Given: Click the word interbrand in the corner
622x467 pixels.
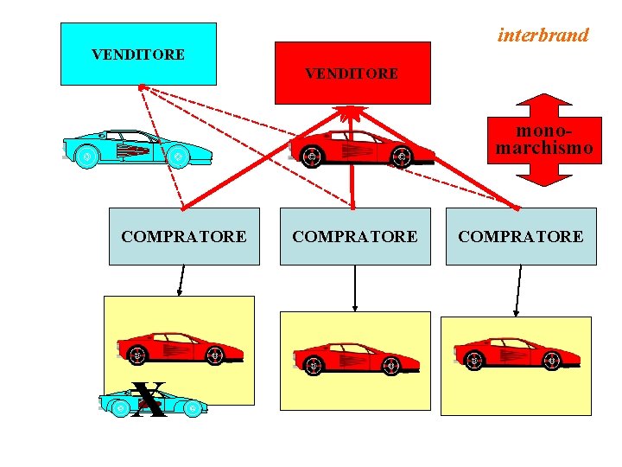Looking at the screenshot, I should tap(543, 35).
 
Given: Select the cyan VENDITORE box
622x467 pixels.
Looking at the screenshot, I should tap(138, 54).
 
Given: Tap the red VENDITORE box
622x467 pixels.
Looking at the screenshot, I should tap(352, 73).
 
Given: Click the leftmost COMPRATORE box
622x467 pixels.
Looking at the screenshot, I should tap(184, 236).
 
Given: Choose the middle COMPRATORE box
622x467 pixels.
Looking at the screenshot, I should tap(355, 236).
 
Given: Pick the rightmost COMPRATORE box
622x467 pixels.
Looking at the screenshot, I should tap(520, 236).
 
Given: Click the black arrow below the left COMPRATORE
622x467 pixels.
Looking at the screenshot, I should tap(181, 280).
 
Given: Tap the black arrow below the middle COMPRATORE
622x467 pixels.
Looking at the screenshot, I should tap(355, 288).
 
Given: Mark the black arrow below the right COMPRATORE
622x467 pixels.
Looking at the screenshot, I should tap(517, 291).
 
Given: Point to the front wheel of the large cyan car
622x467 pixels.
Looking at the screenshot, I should tap(176, 157).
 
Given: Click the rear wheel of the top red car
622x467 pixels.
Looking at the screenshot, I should tap(312, 157).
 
